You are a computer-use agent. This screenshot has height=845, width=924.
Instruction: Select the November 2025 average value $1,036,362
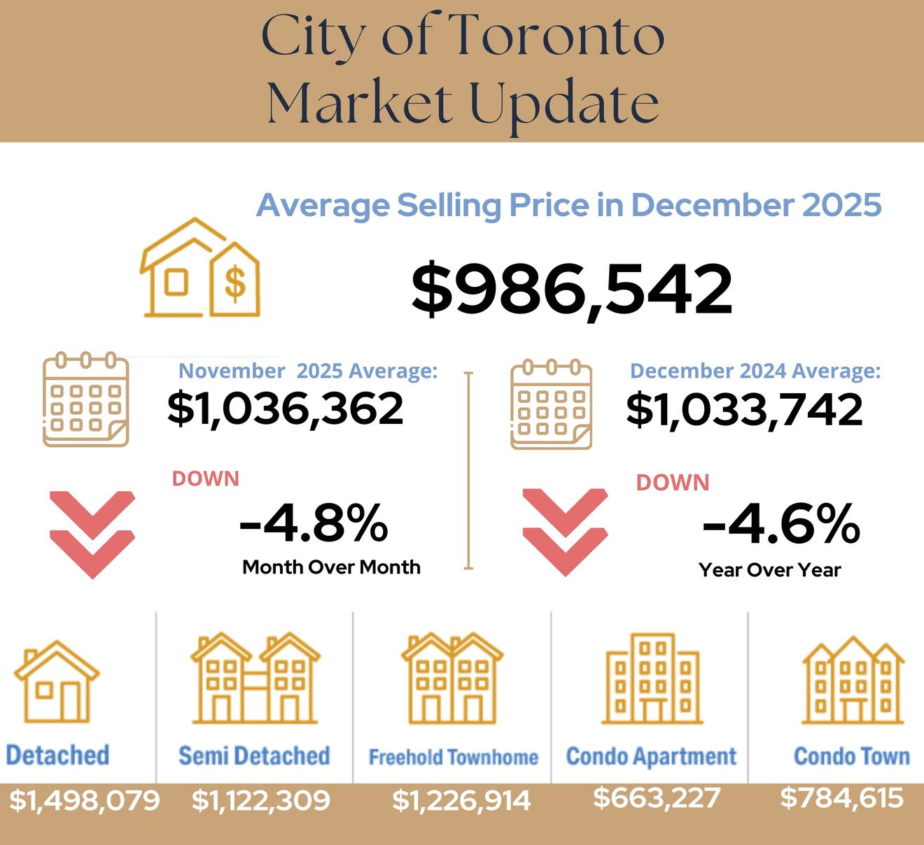pos(285,409)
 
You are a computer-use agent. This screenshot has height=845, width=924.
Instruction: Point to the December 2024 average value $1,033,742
pos(744,410)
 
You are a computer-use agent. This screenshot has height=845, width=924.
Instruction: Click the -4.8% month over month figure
pos(314,523)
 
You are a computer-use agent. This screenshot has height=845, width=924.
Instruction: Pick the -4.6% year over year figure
pos(781,524)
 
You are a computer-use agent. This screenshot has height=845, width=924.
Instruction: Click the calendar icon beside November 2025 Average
pos(85,399)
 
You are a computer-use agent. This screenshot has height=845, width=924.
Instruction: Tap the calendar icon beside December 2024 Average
pos(551,404)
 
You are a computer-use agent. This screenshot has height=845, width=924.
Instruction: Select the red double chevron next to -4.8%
pos(92,534)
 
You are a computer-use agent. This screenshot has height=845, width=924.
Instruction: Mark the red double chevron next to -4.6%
pos(565,532)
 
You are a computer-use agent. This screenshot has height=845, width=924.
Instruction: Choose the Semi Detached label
pos(254,755)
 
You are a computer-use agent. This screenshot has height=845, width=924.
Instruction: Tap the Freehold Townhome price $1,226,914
pos(461,800)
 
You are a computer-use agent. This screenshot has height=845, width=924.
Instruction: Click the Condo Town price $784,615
pos(841,797)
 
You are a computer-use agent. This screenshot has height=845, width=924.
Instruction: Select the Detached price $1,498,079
pos(84,800)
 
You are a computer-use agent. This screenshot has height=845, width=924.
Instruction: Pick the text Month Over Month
pos(331,567)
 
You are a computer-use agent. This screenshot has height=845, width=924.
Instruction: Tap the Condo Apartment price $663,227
pos(656,797)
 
